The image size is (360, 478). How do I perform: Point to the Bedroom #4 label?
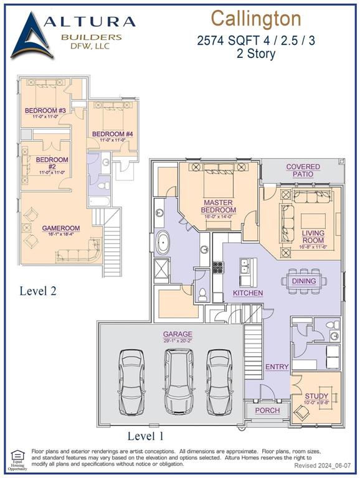(x=113, y=134)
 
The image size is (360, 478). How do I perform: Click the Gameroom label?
(x=59, y=228)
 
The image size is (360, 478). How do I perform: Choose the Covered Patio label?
(x=303, y=171)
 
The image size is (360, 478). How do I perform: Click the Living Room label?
(x=313, y=237)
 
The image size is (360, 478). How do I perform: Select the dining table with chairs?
(x=303, y=281)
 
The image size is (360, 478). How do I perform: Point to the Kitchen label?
(x=248, y=293)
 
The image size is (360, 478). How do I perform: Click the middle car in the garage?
(x=179, y=381)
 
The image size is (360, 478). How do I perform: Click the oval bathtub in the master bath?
(x=166, y=241)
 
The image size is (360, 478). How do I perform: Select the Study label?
(x=316, y=396)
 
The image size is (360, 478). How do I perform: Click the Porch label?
(x=268, y=411)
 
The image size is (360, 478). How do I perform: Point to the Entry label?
(x=277, y=367)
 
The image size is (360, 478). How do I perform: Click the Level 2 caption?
(x=39, y=291)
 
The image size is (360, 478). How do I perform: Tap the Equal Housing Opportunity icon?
(x=17, y=458)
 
